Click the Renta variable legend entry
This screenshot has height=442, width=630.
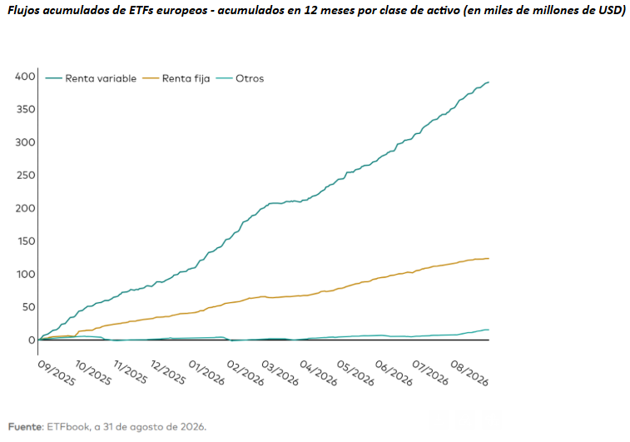tap(91, 78)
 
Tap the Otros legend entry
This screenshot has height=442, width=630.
tap(240, 78)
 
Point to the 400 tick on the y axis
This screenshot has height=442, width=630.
tap(25, 77)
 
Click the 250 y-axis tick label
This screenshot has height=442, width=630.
tap(25, 175)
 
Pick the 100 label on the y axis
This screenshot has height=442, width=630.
tap(26, 274)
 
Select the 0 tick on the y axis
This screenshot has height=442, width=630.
tap(32, 340)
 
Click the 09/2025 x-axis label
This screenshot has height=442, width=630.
tap(57, 373)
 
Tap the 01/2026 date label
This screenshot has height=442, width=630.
tap(206, 372)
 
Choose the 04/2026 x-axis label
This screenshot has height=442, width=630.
tap(318, 373)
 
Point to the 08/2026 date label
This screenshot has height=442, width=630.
tap(469, 373)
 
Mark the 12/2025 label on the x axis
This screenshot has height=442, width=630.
tap(168, 372)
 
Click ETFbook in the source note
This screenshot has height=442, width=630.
tap(68, 427)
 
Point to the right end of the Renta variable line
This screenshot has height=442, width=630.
tap(489, 82)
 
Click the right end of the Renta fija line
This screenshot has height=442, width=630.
tap(489, 258)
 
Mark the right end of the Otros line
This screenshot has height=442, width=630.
tap(489, 330)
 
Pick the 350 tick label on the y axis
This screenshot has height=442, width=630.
tap(25, 109)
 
